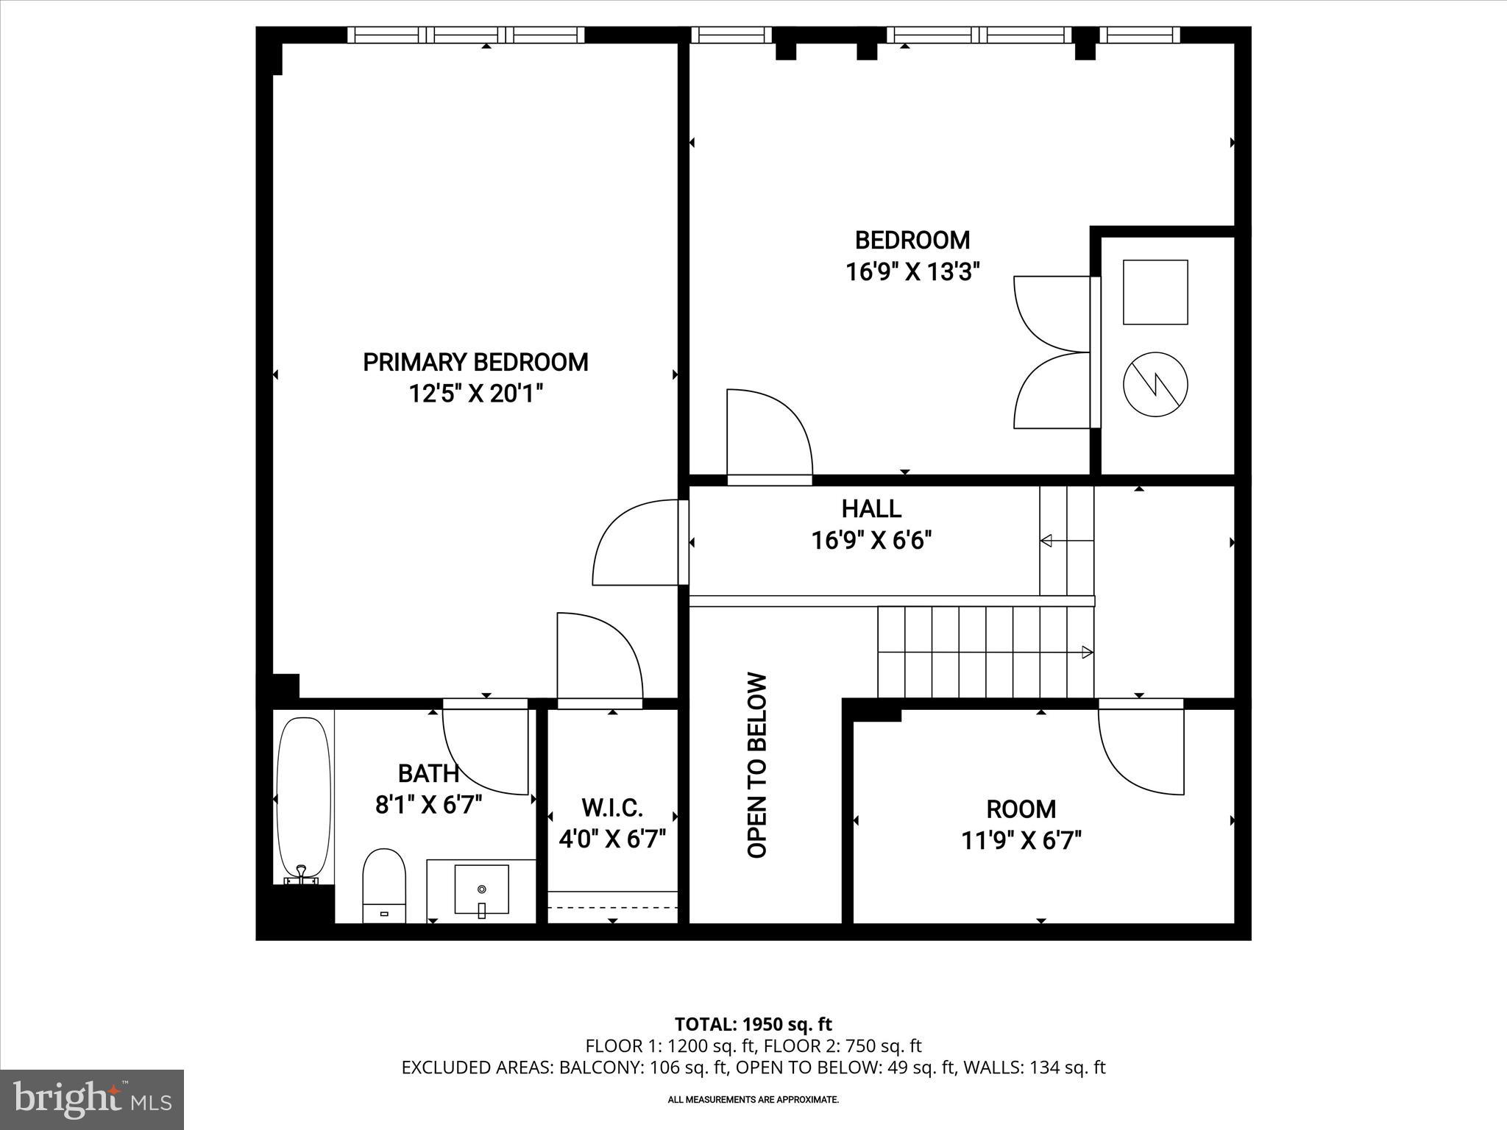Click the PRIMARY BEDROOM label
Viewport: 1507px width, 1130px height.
pos(475,363)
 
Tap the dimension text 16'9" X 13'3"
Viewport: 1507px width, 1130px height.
pos(912,273)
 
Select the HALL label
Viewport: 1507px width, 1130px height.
pos(871,508)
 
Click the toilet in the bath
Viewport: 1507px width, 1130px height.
pos(384,886)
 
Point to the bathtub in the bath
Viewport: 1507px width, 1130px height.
pos(302,798)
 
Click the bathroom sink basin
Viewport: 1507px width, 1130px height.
pos(481,889)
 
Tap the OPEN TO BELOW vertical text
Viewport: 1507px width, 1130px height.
pos(757,765)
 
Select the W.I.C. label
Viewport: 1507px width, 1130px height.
pos(612,808)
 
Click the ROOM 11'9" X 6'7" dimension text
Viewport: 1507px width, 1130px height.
pos(1021,840)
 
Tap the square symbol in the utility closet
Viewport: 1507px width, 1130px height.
pos(1155,292)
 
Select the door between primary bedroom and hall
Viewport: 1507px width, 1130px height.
pos(637,543)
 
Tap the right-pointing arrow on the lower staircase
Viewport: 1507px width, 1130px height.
pos(1086,652)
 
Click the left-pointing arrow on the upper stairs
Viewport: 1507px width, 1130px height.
pos(1046,541)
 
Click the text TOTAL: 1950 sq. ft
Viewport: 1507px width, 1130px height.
pos(753,1024)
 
